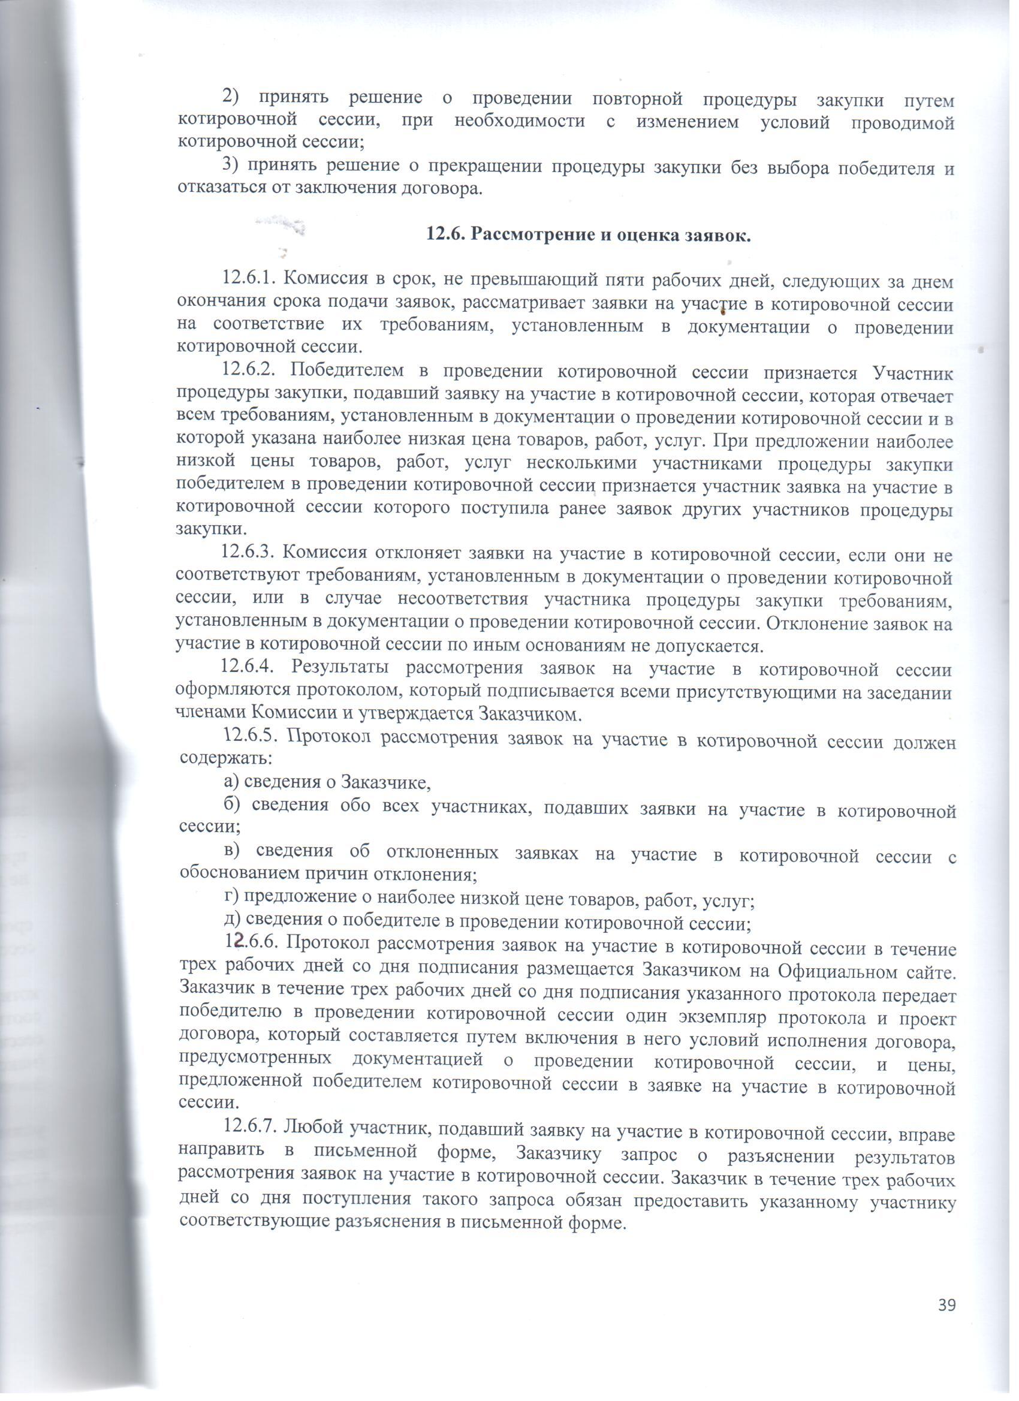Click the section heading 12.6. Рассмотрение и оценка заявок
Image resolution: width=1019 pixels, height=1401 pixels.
(589, 236)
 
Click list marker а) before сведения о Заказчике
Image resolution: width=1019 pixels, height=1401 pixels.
(231, 783)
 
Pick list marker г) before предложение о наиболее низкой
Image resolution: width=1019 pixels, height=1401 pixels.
(231, 897)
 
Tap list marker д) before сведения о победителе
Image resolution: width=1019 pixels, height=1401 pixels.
(231, 920)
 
